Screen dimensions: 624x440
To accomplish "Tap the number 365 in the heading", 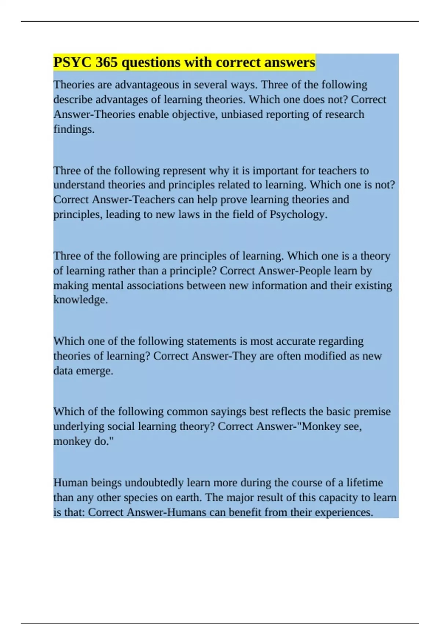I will [107, 62].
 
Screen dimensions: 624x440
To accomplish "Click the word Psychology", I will [298, 214].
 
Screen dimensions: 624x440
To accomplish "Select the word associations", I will [155, 286].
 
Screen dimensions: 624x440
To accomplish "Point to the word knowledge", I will [81, 300].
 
